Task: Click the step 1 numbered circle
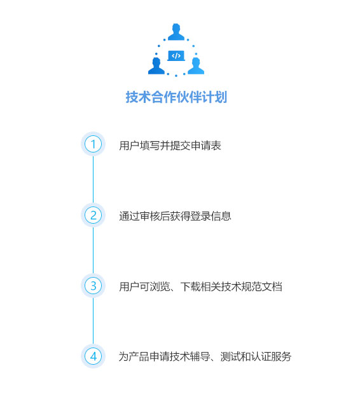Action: point(93,144)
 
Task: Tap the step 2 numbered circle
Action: point(93,215)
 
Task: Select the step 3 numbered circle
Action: point(93,286)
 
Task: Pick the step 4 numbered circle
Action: point(93,356)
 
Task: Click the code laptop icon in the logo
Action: point(176,56)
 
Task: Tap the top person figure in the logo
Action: point(176,32)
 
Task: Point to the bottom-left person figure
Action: point(156,66)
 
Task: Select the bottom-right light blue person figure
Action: point(196,66)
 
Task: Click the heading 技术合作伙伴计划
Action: point(176,97)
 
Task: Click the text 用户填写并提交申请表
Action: point(170,145)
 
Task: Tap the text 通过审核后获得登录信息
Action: point(175,216)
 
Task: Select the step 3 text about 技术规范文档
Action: point(200,287)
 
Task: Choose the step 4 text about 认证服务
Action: point(205,356)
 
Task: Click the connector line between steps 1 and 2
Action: point(93,179)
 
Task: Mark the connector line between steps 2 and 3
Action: point(93,250)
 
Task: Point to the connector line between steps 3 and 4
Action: point(93,321)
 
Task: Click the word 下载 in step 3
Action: point(191,287)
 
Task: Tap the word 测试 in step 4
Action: point(230,356)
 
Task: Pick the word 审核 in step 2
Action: point(150,216)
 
